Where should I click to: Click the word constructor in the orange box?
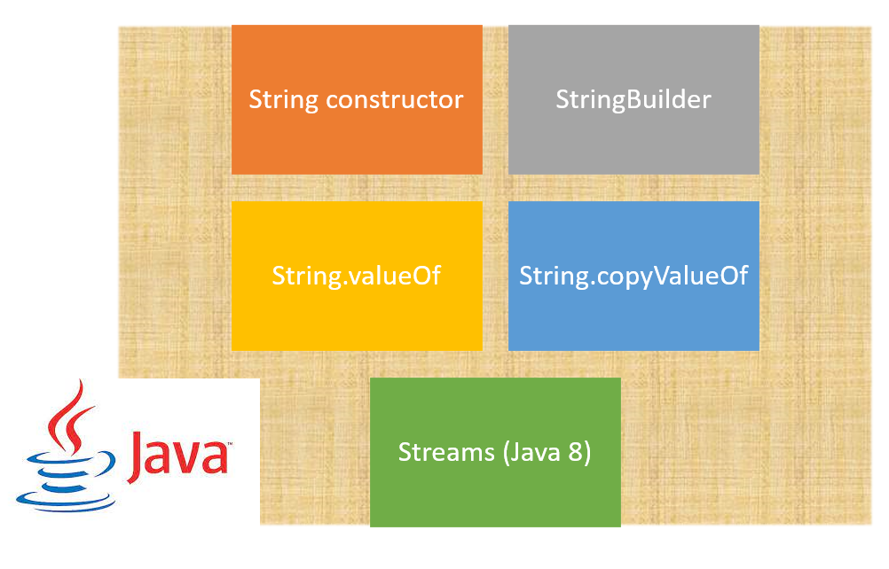point(395,99)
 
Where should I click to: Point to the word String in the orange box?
point(284,99)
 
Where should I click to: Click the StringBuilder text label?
point(633,99)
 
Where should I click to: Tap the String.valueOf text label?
point(357,276)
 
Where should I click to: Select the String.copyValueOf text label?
point(633,276)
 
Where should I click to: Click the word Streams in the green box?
point(446,452)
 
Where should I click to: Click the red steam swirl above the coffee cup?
point(73,417)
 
